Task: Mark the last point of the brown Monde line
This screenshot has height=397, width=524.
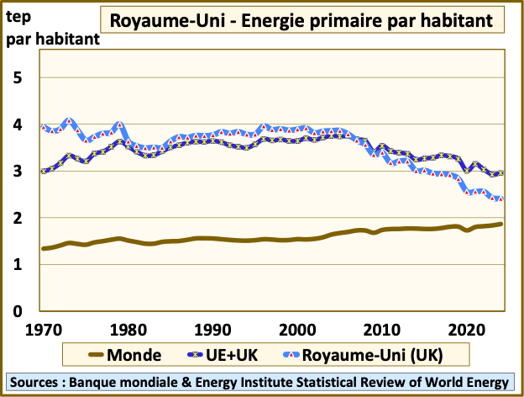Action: pos(501,224)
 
